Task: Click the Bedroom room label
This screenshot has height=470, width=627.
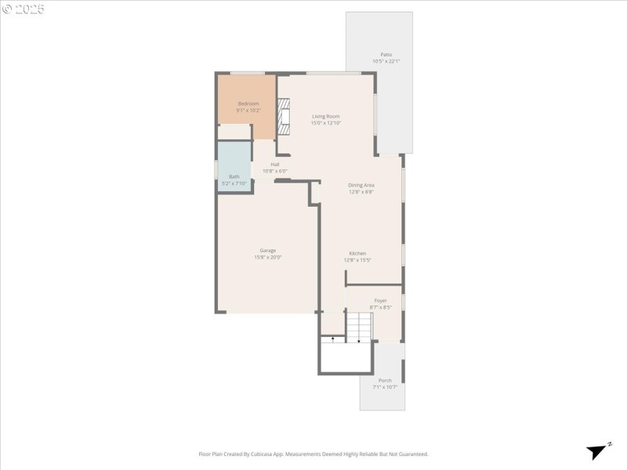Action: (x=248, y=103)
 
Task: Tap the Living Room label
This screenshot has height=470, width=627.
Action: (x=325, y=117)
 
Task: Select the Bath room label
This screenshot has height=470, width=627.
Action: (x=234, y=177)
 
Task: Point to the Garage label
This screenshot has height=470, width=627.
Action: (x=268, y=251)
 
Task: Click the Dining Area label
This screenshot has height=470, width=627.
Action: (x=361, y=185)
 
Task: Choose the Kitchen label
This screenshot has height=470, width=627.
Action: (x=357, y=253)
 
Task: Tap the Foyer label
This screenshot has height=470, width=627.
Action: (x=380, y=300)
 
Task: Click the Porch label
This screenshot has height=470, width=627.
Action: (x=385, y=381)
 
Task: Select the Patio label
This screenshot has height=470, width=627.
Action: (x=386, y=54)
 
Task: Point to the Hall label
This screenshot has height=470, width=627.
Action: (x=275, y=164)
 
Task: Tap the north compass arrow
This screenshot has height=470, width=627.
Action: (x=599, y=450)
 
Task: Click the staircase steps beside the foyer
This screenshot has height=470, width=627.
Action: (x=360, y=325)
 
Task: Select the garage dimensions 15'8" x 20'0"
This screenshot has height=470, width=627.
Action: (x=268, y=257)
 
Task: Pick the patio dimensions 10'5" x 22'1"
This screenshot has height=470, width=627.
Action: (x=386, y=61)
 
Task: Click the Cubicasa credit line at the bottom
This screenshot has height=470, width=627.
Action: (x=313, y=454)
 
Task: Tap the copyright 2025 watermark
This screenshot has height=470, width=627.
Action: (x=24, y=9)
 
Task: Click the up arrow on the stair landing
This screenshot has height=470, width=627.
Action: (x=333, y=338)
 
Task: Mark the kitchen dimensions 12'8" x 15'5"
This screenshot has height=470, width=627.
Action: (x=357, y=260)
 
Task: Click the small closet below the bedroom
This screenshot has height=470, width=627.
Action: (x=234, y=132)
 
